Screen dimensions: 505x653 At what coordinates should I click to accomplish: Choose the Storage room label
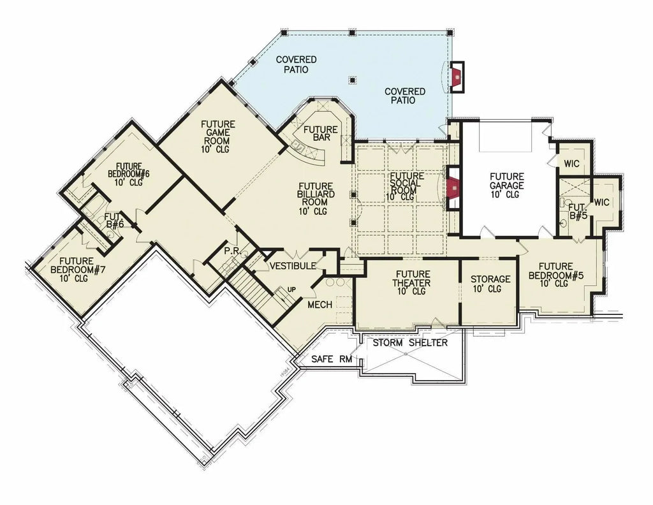click(490, 284)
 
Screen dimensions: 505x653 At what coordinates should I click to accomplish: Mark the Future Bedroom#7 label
click(78, 268)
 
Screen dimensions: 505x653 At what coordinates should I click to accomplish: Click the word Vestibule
click(291, 265)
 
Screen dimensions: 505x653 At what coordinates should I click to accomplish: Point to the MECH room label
click(319, 305)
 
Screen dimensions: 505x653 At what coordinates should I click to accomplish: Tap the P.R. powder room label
click(232, 251)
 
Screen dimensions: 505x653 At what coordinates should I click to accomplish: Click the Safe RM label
click(332, 359)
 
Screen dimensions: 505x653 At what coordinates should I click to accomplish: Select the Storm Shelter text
click(410, 343)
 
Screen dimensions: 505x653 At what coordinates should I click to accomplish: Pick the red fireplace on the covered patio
click(457, 77)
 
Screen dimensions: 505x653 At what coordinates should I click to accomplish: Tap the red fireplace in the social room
click(453, 188)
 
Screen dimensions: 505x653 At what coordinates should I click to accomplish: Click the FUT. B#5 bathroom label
click(577, 211)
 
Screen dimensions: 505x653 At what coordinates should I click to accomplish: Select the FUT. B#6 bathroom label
click(114, 221)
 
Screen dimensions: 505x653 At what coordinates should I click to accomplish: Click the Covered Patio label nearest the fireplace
click(404, 96)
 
